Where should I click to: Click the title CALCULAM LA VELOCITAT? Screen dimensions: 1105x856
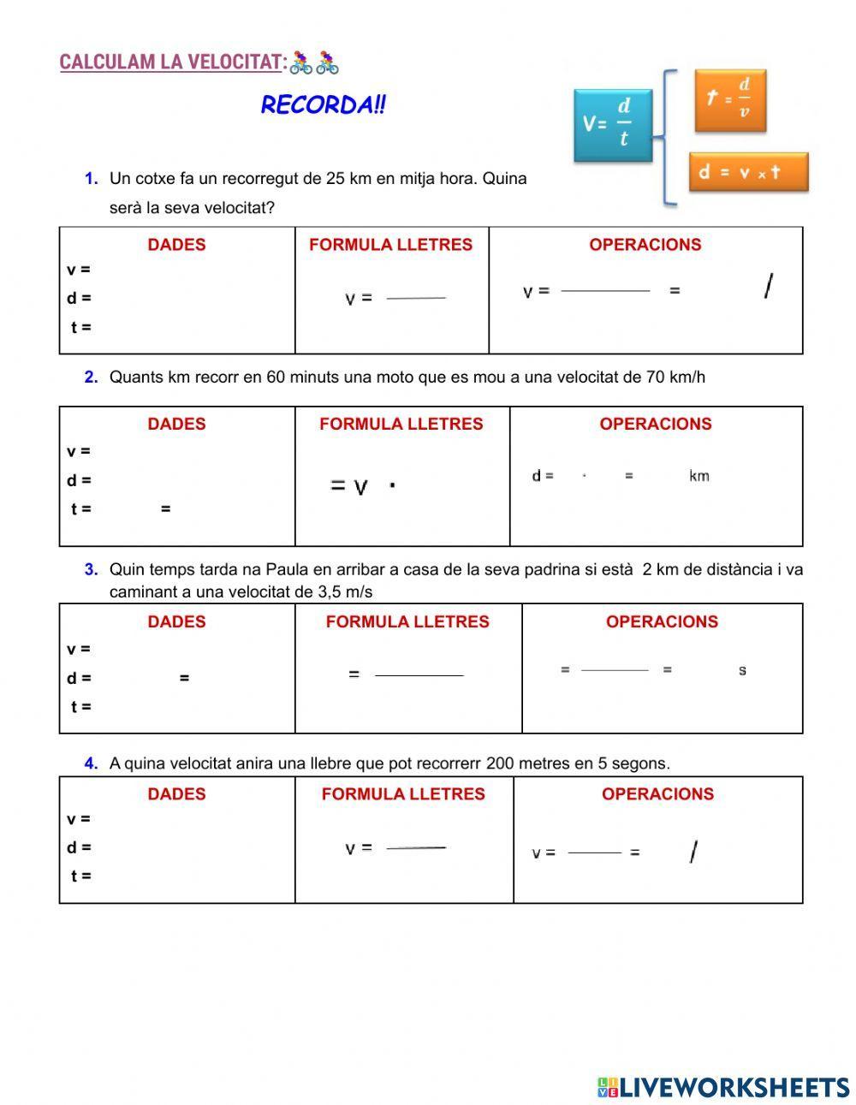click(x=171, y=62)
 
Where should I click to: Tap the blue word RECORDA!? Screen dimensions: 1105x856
click(x=323, y=105)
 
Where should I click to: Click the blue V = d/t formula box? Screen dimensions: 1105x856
click(x=613, y=125)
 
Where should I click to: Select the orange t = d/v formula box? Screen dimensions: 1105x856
click(x=729, y=99)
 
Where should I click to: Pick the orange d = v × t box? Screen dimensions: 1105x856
click(x=747, y=172)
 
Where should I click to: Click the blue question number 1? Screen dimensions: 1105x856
click(x=91, y=179)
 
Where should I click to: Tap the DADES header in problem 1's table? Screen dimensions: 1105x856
click(x=176, y=245)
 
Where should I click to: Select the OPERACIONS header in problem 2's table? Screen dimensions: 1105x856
click(x=655, y=424)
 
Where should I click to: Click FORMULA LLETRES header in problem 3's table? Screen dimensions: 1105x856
click(x=407, y=621)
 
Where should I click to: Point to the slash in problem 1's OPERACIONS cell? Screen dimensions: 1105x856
click(x=768, y=287)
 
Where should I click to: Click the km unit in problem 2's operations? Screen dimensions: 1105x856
click(x=698, y=476)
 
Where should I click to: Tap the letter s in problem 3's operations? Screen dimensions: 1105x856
click(x=742, y=670)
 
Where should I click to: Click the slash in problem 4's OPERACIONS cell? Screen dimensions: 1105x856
click(x=693, y=852)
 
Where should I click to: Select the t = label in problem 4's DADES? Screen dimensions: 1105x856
click(x=80, y=876)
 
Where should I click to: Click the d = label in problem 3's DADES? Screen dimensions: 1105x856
click(x=79, y=678)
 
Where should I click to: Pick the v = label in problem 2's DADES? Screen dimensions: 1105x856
click(x=79, y=451)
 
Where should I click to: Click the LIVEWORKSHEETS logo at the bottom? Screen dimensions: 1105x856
click(x=723, y=1087)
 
